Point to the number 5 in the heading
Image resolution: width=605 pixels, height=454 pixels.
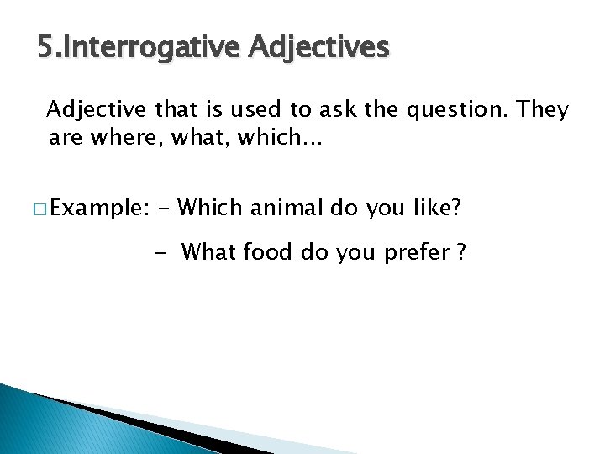click(44, 48)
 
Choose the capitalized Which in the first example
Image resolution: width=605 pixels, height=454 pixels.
click(211, 208)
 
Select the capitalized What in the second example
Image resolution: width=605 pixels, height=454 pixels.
click(209, 251)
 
